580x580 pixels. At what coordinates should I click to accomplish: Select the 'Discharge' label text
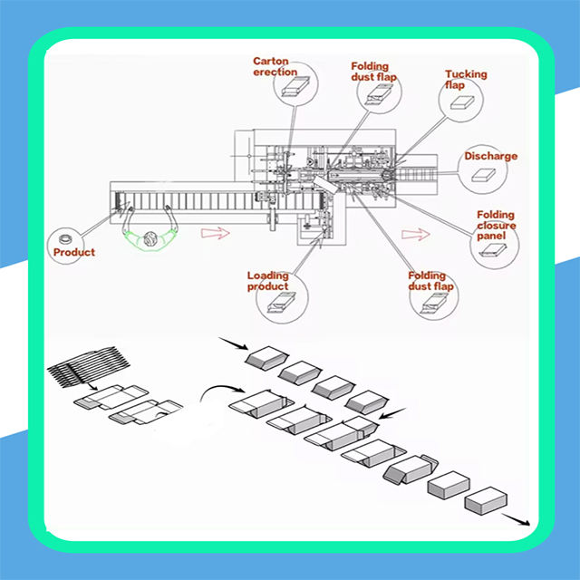[x=491, y=156]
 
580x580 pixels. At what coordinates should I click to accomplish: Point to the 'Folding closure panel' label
[x=496, y=227]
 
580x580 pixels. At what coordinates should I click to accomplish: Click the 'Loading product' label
[x=268, y=281]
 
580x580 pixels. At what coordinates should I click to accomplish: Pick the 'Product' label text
[x=73, y=252]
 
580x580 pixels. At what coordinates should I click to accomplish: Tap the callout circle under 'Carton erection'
[x=295, y=86]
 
